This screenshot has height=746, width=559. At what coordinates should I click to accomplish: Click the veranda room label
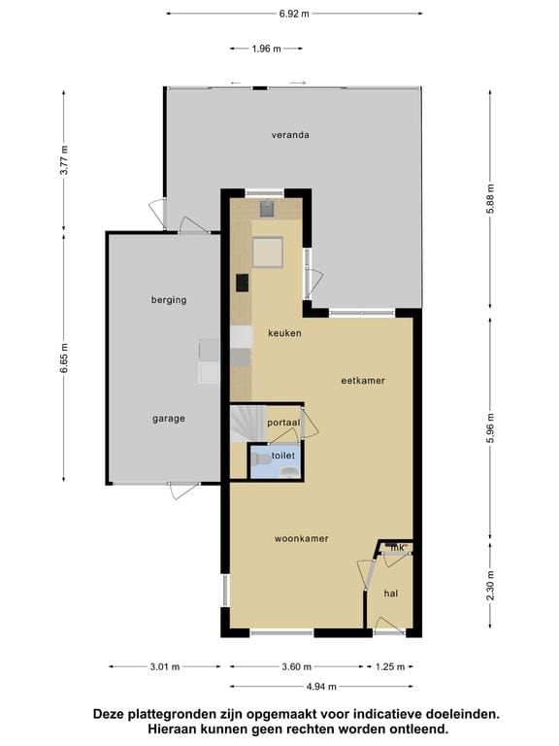290,135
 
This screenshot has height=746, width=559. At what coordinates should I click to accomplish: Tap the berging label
169,300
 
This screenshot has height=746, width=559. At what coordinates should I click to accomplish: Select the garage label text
169,420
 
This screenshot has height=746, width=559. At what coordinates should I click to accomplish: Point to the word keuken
284,333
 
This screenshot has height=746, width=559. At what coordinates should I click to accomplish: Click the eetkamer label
363,381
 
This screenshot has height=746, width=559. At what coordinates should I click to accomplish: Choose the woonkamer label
302,538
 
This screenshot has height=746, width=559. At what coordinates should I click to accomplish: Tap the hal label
391,593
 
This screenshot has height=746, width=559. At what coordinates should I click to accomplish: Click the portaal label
283,423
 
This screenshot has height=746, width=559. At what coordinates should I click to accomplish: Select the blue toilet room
276,461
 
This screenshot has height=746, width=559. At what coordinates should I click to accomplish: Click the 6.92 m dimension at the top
294,14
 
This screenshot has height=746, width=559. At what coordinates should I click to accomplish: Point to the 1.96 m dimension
266,49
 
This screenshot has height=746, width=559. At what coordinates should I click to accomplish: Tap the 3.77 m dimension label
65,160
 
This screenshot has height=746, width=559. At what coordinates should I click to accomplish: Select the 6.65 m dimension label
65,357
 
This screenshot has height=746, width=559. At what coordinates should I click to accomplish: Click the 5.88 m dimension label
491,199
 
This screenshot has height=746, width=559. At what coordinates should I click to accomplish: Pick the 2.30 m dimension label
491,586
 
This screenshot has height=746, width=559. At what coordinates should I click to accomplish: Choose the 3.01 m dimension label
165,667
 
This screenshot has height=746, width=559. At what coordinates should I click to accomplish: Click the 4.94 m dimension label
321,687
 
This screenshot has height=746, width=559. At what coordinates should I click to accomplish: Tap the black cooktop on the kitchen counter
243,283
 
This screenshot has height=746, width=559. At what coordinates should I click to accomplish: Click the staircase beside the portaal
247,424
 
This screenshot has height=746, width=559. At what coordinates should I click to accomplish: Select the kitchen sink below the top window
267,209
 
